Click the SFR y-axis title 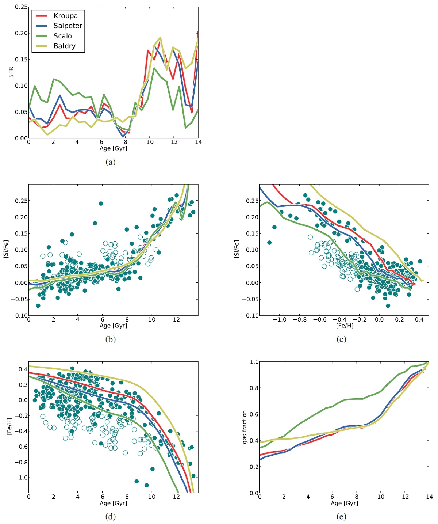[x=11, y=72]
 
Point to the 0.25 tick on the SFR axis [x=21, y=7]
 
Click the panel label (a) [x=111, y=162]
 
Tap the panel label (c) [x=341, y=339]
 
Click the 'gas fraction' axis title [x=245, y=427]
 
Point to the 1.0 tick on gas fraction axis [x=254, y=362]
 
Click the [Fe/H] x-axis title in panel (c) [x=345, y=326]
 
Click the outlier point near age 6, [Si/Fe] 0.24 [x=101, y=204]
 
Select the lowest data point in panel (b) [x=38, y=305]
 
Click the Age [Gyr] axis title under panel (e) [x=344, y=503]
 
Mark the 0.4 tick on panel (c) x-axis [x=419, y=319]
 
